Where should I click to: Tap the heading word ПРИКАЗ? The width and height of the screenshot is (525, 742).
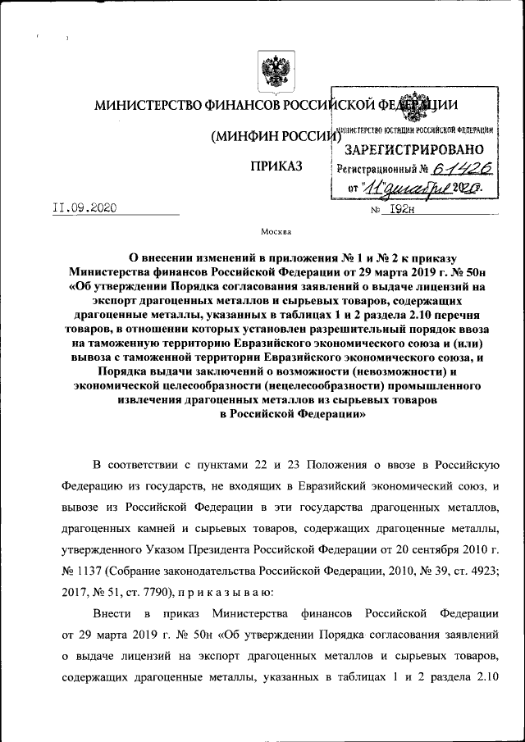[x=276, y=167]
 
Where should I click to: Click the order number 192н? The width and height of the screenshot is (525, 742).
[x=402, y=209]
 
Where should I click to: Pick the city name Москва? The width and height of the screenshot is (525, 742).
[x=275, y=232]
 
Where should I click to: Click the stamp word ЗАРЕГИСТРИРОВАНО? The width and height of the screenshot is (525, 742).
[x=414, y=150]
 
